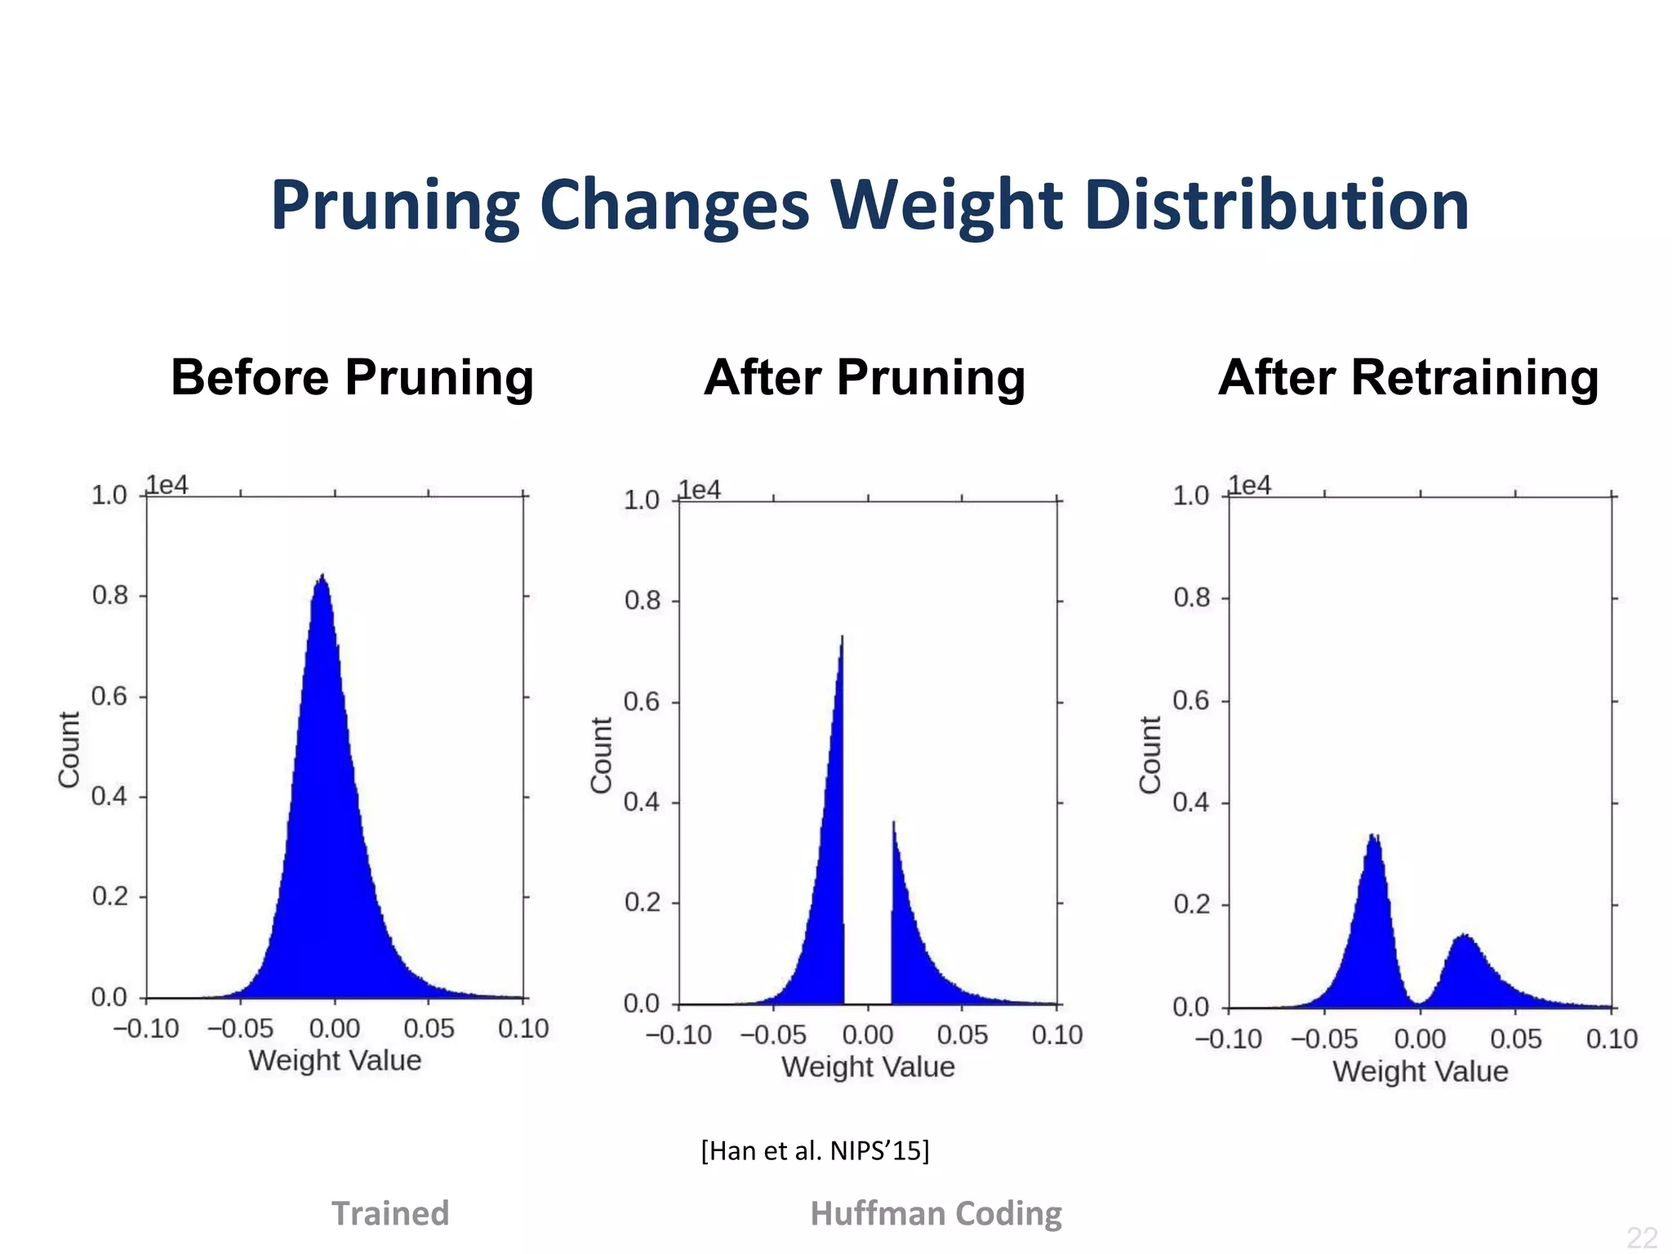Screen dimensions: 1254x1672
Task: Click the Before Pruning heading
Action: (x=352, y=377)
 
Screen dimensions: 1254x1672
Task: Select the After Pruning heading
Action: (x=864, y=377)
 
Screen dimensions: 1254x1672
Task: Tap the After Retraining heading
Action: (x=1407, y=377)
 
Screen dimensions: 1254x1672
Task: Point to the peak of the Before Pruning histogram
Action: (x=323, y=579)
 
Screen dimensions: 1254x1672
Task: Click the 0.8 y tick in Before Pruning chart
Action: (x=110, y=595)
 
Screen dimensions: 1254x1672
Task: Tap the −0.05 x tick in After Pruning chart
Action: (x=772, y=1035)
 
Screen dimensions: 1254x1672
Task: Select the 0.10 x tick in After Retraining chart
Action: (x=1611, y=1039)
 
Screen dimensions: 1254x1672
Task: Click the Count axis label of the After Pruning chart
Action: (x=601, y=755)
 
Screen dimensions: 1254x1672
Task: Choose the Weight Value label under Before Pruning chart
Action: (x=335, y=1061)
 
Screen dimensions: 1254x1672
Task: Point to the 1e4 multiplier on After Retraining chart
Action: (x=1250, y=485)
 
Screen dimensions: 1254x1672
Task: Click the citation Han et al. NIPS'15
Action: (x=815, y=1150)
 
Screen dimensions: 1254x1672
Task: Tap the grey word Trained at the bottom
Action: (x=389, y=1213)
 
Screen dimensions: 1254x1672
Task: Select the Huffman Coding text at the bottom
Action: (x=936, y=1213)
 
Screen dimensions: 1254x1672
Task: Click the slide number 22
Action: (x=1641, y=1237)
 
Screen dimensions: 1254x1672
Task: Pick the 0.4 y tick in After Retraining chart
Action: (x=1190, y=803)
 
